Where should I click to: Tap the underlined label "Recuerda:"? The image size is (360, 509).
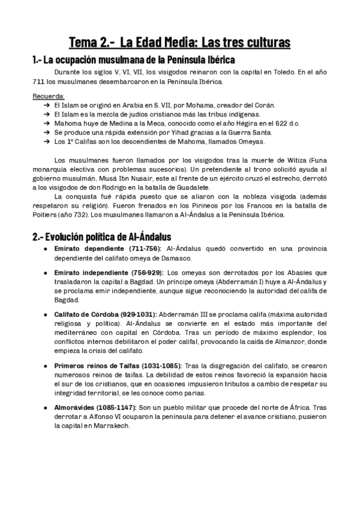(x=48, y=96)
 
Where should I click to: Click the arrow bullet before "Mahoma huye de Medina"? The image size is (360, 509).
(x=46, y=123)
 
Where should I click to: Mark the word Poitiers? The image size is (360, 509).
(x=46, y=214)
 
